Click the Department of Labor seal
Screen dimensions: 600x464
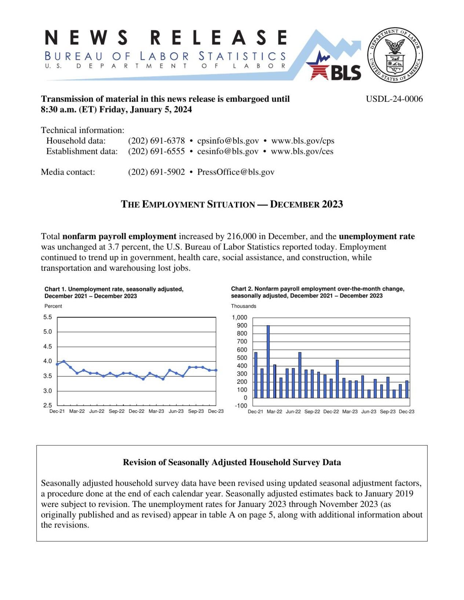click(395, 55)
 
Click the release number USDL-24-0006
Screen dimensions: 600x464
click(394, 99)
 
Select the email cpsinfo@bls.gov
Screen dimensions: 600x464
click(228, 141)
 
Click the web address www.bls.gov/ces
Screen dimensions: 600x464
click(302, 151)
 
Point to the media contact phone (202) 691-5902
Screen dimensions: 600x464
click(156, 172)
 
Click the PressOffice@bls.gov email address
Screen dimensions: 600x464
click(235, 172)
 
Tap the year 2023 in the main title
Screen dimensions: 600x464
click(332, 204)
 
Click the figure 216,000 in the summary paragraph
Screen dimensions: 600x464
click(241, 237)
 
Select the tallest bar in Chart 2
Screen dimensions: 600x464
click(268, 361)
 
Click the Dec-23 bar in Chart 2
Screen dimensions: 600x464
click(406, 389)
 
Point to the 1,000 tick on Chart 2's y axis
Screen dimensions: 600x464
click(240, 318)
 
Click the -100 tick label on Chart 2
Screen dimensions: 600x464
click(241, 406)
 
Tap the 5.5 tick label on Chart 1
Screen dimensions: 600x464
click(48, 317)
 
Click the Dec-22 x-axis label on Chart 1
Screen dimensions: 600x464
click(136, 411)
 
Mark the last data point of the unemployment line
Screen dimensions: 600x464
click(216, 370)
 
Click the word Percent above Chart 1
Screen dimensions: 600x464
click(53, 306)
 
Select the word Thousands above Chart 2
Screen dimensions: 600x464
click(244, 306)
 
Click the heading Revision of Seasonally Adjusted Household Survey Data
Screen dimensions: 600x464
click(232, 462)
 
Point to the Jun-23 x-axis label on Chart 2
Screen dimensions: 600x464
click(369, 412)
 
